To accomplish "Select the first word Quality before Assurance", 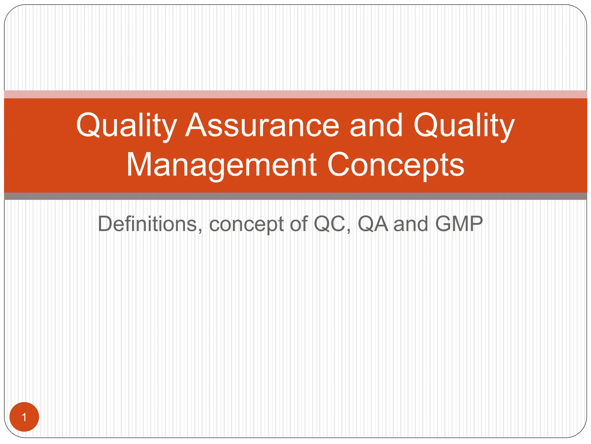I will coord(126,125).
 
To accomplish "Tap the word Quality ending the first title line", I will coord(464,125).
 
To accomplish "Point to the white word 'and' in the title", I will coord(376,125).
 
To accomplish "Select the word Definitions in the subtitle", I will coord(147,224).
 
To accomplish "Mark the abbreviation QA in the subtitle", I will coord(373,224).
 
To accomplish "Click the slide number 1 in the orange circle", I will coord(24,417).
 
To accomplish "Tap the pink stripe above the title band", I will coord(295,94).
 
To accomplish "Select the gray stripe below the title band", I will coord(295,196).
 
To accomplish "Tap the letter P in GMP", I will coord(476,224).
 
